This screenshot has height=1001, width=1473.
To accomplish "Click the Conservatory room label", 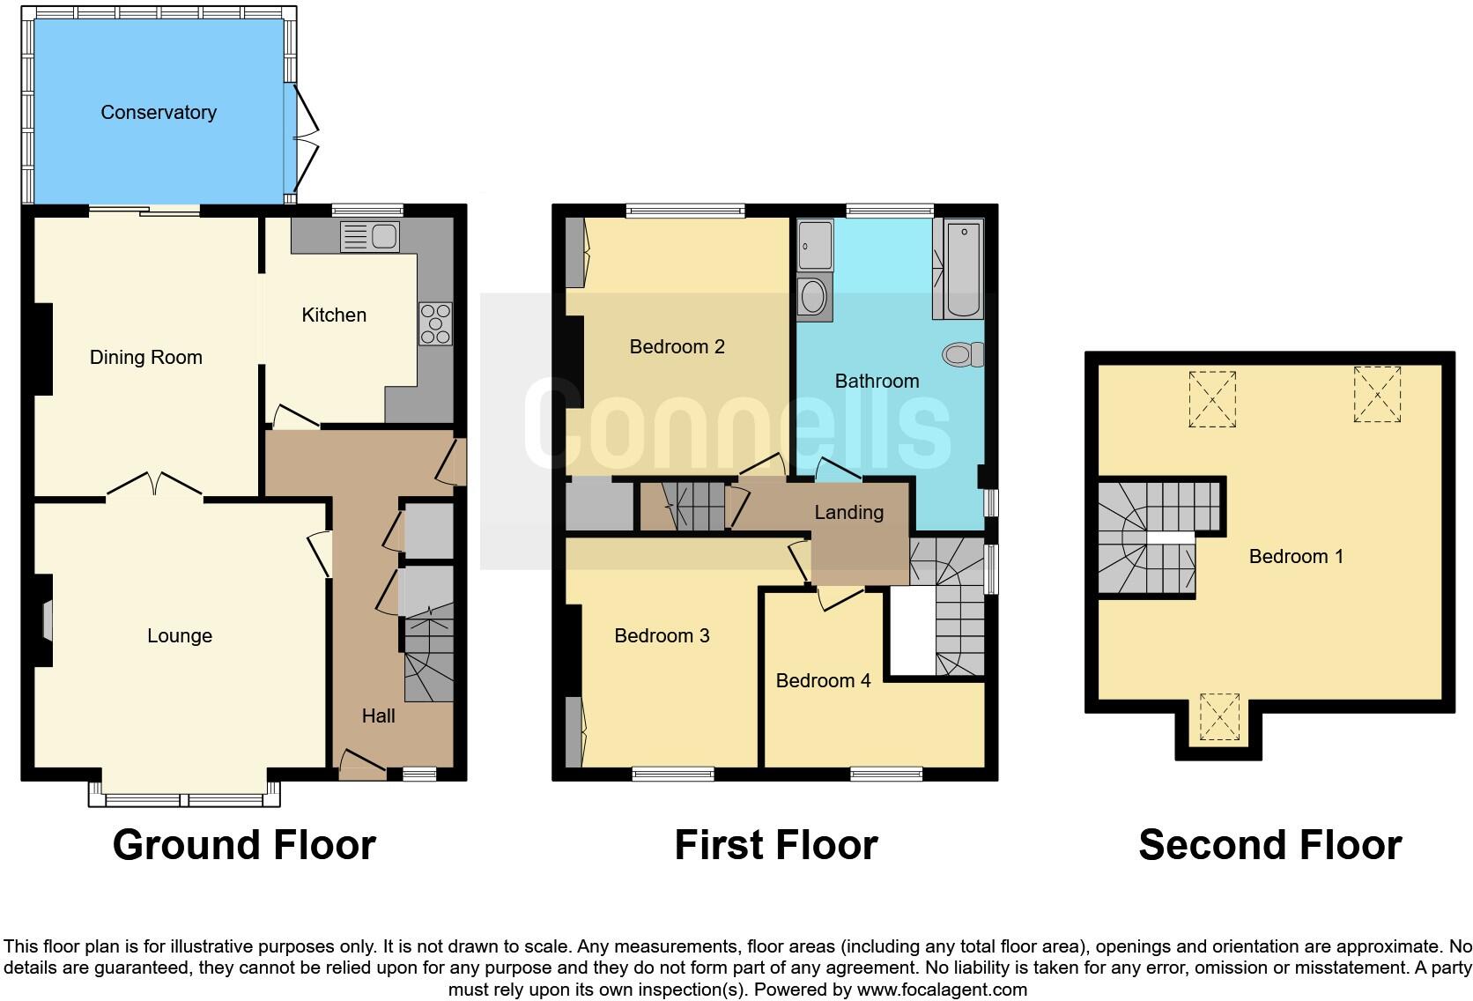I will [159, 112].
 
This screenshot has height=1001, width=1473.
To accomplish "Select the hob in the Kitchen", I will [435, 323].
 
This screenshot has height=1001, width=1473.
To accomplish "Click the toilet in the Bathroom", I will [963, 354].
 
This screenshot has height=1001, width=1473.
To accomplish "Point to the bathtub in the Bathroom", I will [963, 269].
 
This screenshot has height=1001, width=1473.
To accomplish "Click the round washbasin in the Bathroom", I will [813, 297].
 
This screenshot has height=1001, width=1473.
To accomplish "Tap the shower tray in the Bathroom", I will [815, 245].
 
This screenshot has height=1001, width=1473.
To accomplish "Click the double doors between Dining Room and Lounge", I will [155, 485].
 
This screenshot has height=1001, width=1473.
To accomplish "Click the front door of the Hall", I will [361, 765].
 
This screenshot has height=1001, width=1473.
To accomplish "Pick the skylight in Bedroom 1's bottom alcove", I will [1219, 716].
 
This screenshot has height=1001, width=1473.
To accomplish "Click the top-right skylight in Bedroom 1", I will [1377, 395].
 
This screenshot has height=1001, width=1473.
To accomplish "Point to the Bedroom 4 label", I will [823, 680].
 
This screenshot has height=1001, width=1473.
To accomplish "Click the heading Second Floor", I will [1269, 845].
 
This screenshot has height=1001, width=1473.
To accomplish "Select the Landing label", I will [848, 512].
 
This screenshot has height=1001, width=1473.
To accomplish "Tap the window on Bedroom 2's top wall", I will [685, 211].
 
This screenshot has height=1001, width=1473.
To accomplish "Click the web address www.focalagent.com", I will [942, 990].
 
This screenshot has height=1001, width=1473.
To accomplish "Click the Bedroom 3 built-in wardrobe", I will [574, 730].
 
